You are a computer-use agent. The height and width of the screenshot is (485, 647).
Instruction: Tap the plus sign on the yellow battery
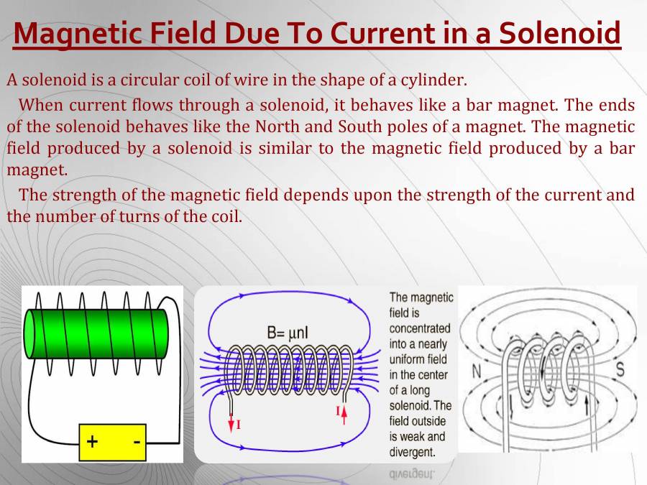[x=93, y=441]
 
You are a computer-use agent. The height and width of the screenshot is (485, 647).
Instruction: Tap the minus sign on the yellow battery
[x=136, y=441]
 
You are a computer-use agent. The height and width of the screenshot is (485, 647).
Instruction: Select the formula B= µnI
[x=293, y=333]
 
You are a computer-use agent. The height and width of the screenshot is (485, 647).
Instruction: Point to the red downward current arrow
[x=231, y=423]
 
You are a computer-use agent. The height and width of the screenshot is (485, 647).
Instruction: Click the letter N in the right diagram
[x=477, y=371]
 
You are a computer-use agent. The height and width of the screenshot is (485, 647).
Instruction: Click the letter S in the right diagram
[x=620, y=371]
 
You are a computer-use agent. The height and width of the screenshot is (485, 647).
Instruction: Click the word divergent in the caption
[x=412, y=452]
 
